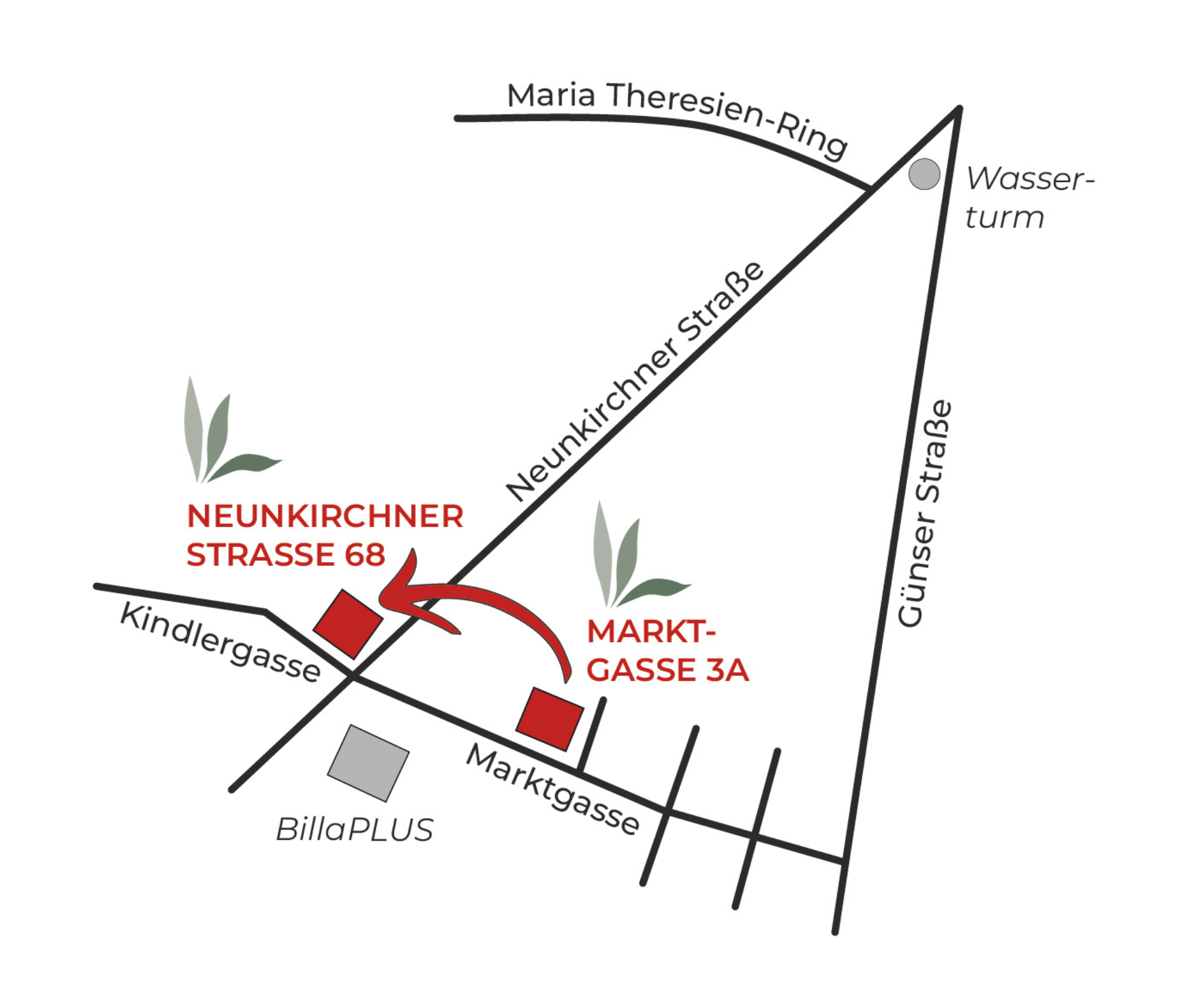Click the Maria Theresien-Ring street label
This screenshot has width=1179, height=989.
676,115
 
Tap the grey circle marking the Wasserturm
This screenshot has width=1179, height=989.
924,174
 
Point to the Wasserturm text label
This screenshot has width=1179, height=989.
1028,198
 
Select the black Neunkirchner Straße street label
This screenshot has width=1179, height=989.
635,382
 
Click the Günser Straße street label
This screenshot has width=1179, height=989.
924,513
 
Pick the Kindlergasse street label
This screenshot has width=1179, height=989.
220,641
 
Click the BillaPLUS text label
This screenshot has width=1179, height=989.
354,830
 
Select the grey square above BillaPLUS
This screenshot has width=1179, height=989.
368,762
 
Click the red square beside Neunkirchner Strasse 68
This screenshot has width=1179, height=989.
348,624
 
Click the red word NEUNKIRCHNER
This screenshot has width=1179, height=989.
325,516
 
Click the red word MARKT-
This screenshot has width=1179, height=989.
651,632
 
